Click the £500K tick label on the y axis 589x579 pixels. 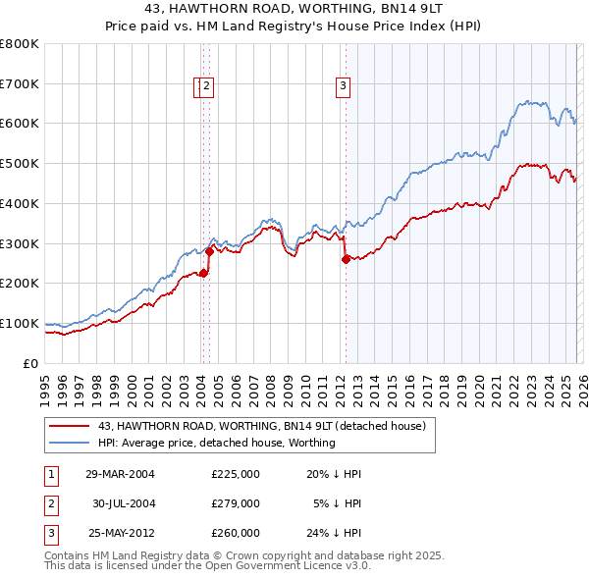click(20, 163)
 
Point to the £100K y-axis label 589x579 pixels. click(20, 323)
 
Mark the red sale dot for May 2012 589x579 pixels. click(346, 259)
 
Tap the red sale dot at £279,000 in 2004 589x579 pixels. click(209, 251)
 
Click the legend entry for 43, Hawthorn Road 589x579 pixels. click(261, 426)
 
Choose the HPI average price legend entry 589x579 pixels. click(216, 443)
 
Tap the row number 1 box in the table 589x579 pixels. click(50, 474)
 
